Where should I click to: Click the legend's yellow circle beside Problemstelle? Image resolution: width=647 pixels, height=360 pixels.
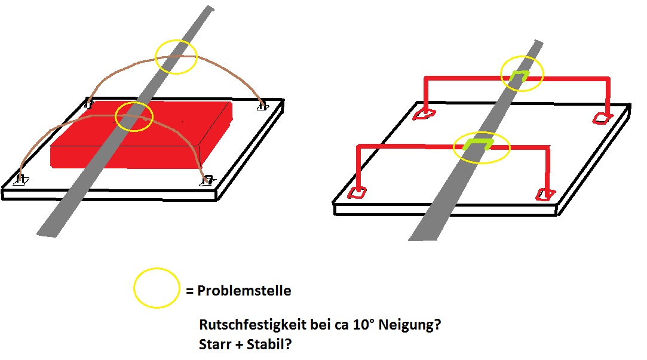pyautogui.click(x=157, y=288)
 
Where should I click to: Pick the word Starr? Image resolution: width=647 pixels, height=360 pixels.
pyautogui.click(x=215, y=345)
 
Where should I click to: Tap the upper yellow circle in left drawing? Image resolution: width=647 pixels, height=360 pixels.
pyautogui.click(x=176, y=57)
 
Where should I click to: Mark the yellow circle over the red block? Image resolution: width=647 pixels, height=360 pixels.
pyautogui.click(x=134, y=116)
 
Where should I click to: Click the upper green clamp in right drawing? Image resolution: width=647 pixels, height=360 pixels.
pyautogui.click(x=520, y=75)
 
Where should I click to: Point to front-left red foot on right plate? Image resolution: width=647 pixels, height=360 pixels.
pyautogui.click(x=357, y=193)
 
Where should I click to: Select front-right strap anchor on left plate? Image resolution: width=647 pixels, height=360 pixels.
pyautogui.click(x=207, y=180)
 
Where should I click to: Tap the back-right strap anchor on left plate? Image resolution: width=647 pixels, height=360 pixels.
pyautogui.click(x=262, y=106)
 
